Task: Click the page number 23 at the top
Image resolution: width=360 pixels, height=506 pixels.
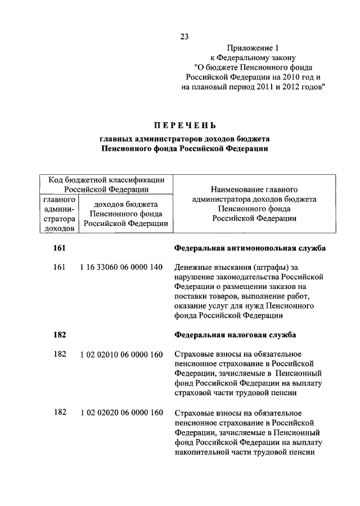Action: pyautogui.click(x=184, y=37)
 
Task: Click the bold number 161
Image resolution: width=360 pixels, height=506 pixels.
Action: pyautogui.click(x=60, y=247)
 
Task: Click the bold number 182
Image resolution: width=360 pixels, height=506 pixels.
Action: pyautogui.click(x=60, y=335)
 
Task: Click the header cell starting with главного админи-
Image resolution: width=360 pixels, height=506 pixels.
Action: pyautogui.click(x=60, y=214)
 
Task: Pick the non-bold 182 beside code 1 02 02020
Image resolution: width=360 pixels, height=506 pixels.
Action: pyautogui.click(x=60, y=413)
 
